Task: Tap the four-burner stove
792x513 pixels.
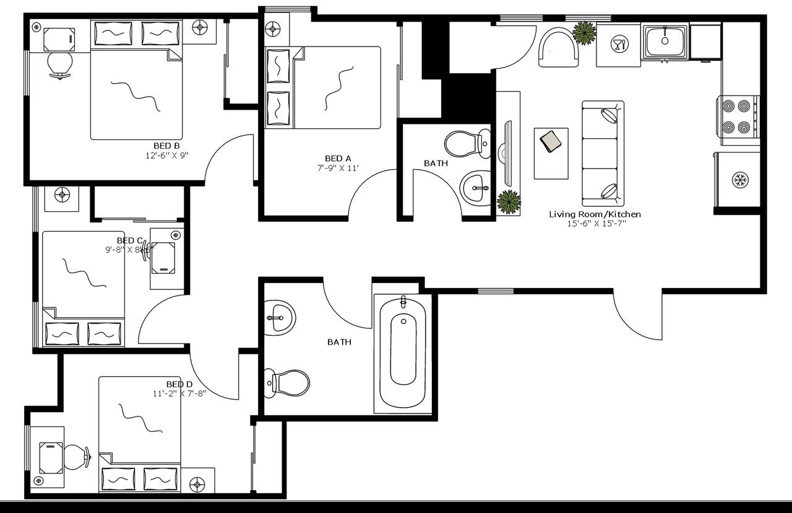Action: (x=738, y=116)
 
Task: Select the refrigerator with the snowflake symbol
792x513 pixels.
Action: (x=738, y=180)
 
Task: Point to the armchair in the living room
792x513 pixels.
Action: (x=558, y=48)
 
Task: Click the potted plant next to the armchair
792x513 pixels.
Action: (x=583, y=33)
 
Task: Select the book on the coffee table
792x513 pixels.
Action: (x=550, y=142)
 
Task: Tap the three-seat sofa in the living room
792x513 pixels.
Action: (x=602, y=153)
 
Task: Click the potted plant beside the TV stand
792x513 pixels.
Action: (x=509, y=202)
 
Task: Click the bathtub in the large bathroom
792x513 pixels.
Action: (x=403, y=351)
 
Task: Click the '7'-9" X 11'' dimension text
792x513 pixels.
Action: (x=338, y=168)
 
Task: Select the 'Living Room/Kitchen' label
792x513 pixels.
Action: (x=595, y=214)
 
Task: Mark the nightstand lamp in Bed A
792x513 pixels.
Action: (x=273, y=29)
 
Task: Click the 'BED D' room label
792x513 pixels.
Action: (x=179, y=384)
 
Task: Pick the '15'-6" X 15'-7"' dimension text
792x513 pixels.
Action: (x=596, y=224)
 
